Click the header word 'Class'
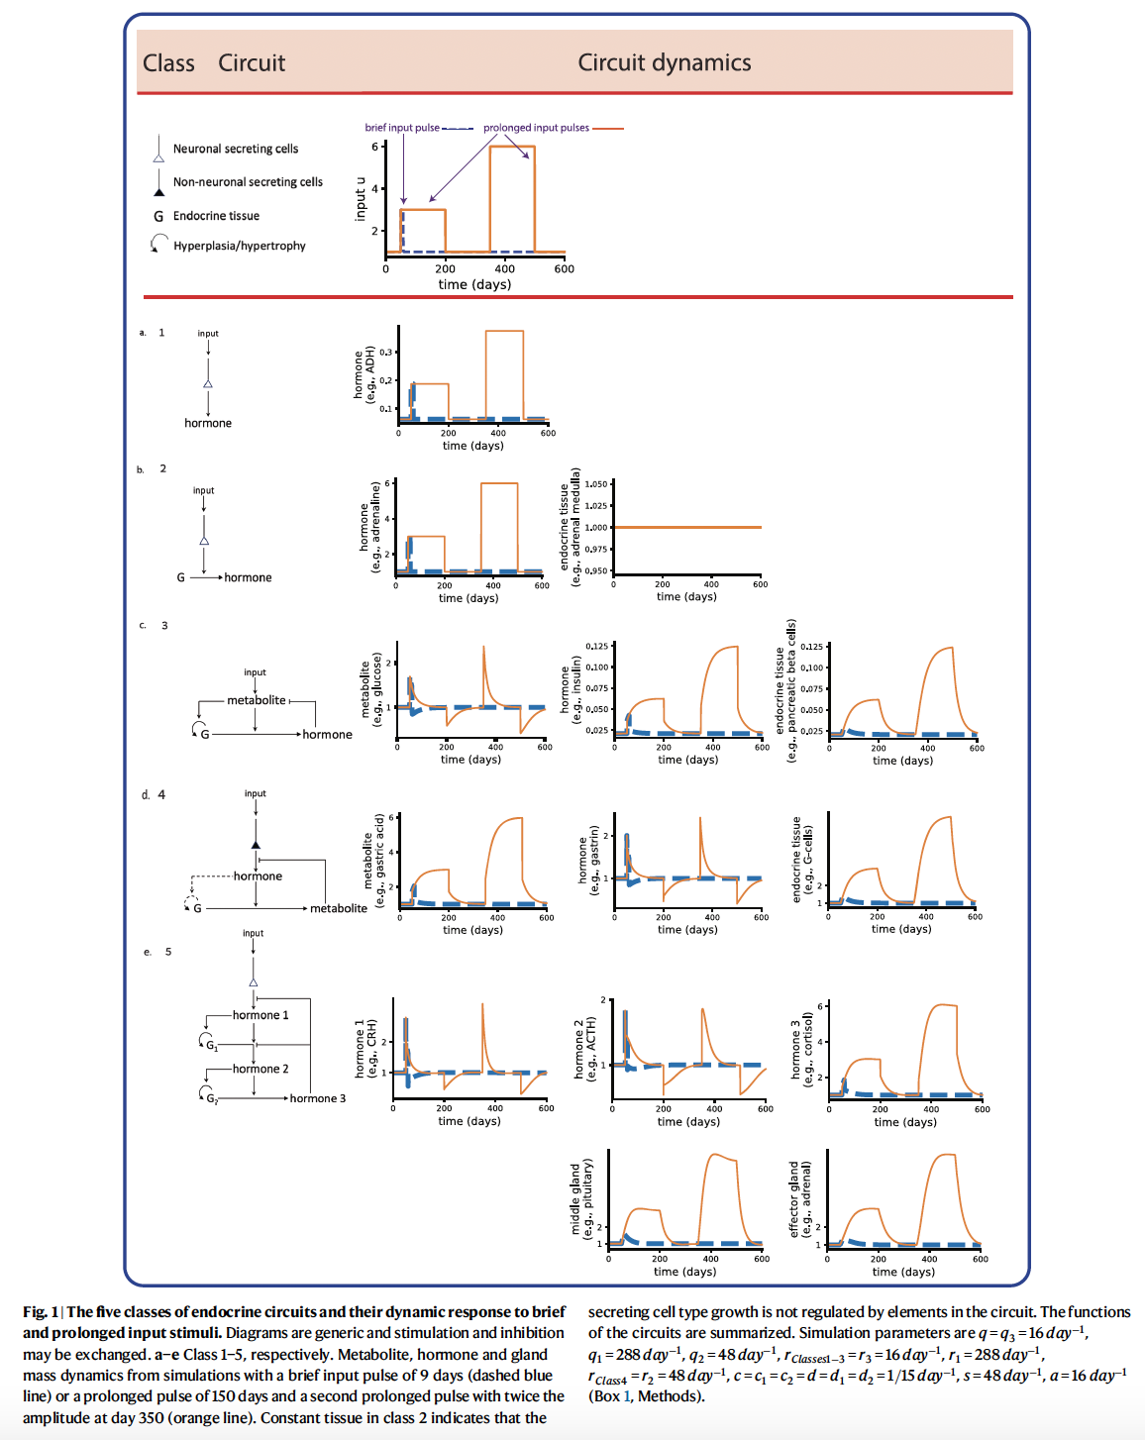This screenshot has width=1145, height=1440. [x=168, y=63]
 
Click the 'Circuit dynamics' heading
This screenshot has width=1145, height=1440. [x=664, y=62]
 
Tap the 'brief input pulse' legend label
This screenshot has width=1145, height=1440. [x=402, y=128]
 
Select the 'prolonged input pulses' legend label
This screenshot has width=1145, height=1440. [x=536, y=128]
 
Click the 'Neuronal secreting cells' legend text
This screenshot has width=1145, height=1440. [x=236, y=149]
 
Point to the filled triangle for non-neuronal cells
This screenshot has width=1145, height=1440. [x=157, y=187]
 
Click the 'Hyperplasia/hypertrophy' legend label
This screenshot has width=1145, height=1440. [x=240, y=246]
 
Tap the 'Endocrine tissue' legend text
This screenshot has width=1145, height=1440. [x=216, y=216]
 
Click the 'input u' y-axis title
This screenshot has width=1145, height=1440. [x=361, y=199]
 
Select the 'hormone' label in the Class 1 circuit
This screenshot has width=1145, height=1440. [x=208, y=423]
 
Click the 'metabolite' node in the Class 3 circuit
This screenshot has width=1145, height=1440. [x=256, y=700]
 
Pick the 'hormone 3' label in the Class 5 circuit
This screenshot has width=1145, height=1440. [x=318, y=1098]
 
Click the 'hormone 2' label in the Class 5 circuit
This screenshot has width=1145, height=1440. [x=260, y=1069]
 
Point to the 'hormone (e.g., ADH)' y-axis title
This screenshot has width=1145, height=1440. [x=364, y=372]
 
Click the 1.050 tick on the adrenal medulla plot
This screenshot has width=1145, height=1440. [x=596, y=484]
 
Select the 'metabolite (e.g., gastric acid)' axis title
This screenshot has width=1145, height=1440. [x=372, y=861]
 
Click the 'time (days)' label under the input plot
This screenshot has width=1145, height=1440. [x=474, y=284]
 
